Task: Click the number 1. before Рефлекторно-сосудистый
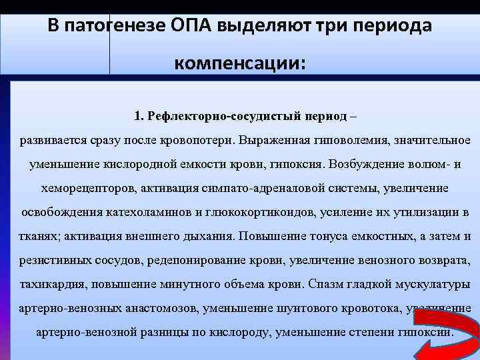click(x=138, y=117)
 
